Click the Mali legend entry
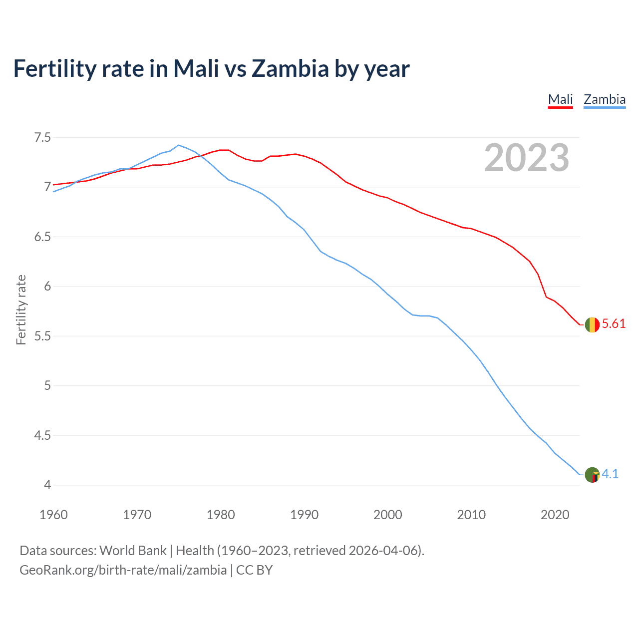[x=560, y=99]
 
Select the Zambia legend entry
[x=605, y=99]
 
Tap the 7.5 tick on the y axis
[x=42, y=137]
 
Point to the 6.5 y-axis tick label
[x=42, y=237]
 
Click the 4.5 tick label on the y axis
[x=42, y=435]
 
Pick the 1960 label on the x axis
[x=53, y=515]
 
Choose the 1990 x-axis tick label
[x=304, y=515]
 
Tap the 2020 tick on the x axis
[x=555, y=515]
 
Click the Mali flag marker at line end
[x=592, y=324]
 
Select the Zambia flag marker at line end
[x=592, y=475]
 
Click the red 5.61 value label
[x=614, y=324]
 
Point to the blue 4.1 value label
[x=610, y=474]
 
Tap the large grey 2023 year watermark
[x=527, y=158]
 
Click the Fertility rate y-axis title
[x=21, y=310]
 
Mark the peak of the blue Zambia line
[x=179, y=145]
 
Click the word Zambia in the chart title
[x=290, y=68]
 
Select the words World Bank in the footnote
[x=133, y=551]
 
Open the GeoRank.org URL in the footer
[x=123, y=570]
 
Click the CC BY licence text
[x=254, y=570]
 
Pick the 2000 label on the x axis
[x=387, y=515]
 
